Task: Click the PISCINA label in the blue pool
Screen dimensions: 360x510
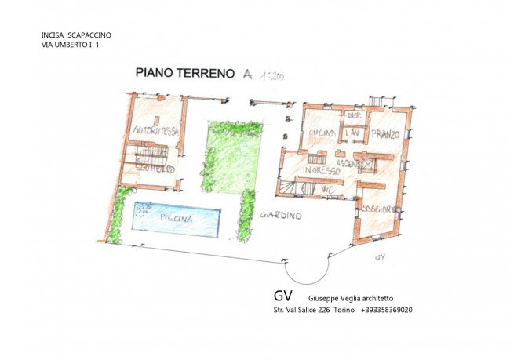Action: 177,219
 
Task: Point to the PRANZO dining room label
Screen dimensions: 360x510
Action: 386,134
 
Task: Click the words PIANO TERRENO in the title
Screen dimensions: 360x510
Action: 184,74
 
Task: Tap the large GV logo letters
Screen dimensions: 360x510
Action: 283,296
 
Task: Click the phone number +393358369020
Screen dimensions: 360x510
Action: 387,310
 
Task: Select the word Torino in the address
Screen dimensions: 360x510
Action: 343,310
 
